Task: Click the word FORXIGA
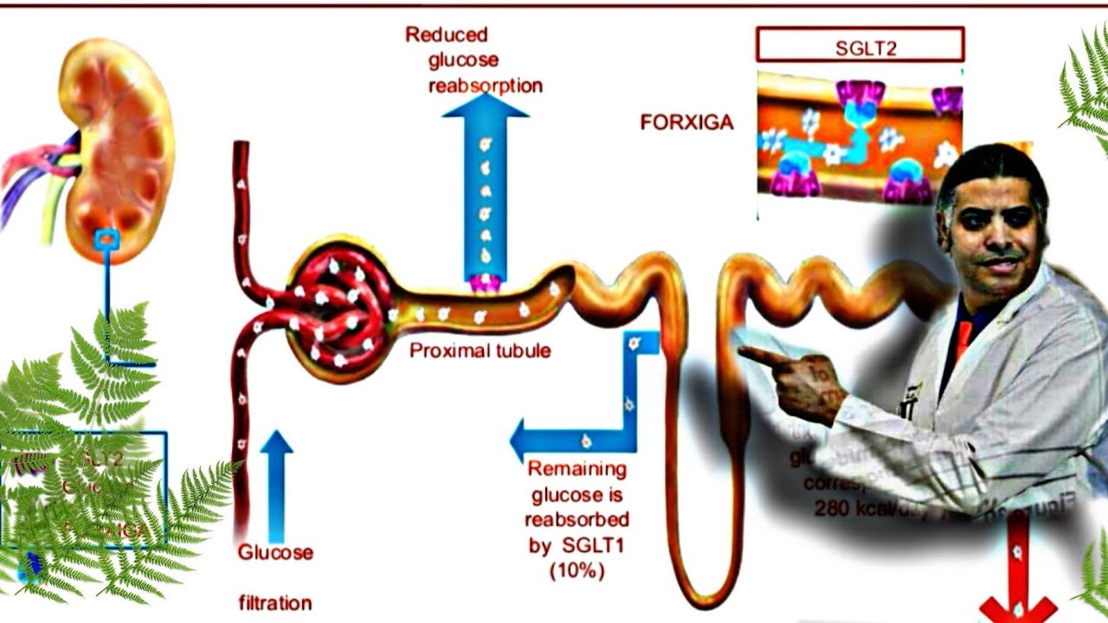686,123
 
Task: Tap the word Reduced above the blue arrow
447,35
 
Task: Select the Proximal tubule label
480,351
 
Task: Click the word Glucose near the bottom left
275,552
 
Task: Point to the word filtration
275,602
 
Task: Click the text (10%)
577,571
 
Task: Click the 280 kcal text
853,509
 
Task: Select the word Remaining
577,470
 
